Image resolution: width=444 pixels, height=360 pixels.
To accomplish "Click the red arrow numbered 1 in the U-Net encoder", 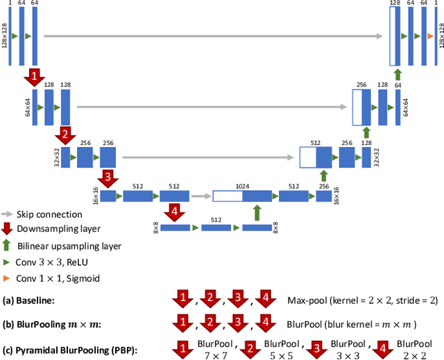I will click(x=33, y=74).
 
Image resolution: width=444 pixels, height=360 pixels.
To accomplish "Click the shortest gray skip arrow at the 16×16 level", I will click(x=201, y=196).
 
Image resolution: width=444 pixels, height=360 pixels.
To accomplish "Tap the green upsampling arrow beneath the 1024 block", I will click(x=257, y=212).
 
